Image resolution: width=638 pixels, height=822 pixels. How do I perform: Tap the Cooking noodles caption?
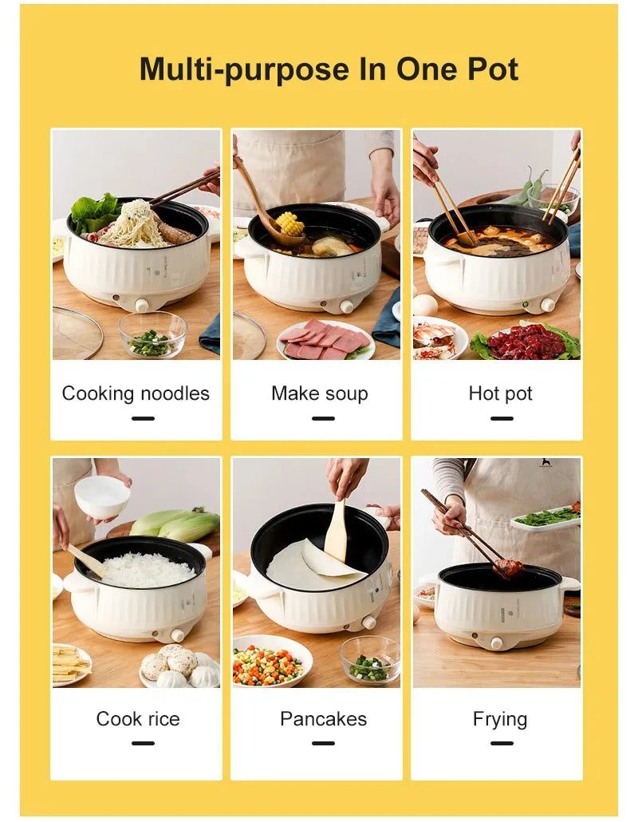pyautogui.click(x=136, y=393)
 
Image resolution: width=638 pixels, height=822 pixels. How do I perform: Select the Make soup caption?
pyautogui.click(x=319, y=393)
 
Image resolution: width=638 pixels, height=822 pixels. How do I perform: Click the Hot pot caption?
pyautogui.click(x=500, y=393)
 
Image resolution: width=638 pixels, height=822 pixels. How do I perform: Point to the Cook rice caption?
pyautogui.click(x=137, y=719)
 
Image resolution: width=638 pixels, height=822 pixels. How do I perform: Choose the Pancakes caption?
pyautogui.click(x=323, y=719)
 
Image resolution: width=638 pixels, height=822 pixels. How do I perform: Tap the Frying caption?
pyautogui.click(x=500, y=719)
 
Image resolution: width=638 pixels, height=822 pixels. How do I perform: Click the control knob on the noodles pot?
pyautogui.click(x=141, y=305)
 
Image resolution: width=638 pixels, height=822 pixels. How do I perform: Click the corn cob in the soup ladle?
pyautogui.click(x=289, y=223)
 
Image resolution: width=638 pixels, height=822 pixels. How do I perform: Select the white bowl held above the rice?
pyautogui.click(x=102, y=497)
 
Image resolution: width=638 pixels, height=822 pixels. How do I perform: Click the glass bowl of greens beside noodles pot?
pyautogui.click(x=152, y=335)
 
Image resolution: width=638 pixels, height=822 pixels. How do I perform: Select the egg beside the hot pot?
pyautogui.click(x=425, y=304)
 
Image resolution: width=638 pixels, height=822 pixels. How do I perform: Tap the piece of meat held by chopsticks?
pyautogui.click(x=509, y=567)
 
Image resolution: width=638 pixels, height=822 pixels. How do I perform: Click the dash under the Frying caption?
pyautogui.click(x=501, y=743)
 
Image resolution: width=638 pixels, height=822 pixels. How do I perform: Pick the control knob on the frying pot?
pyautogui.click(x=496, y=642)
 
